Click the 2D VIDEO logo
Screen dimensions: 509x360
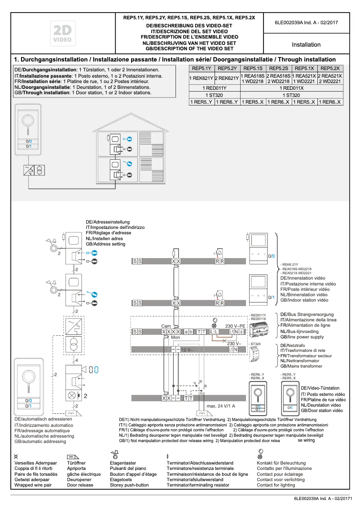[62, 34]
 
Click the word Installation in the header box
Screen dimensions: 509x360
[306, 45]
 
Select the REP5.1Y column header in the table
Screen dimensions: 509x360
[202, 68]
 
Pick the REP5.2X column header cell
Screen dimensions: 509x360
[330, 68]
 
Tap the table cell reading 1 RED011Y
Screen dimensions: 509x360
[215, 88]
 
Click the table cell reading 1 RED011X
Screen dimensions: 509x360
[291, 88]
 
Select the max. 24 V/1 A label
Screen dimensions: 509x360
[221, 406]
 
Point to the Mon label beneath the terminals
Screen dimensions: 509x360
[176, 337]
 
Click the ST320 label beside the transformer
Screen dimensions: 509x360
[256, 344]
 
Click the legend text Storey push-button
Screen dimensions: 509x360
[129, 485]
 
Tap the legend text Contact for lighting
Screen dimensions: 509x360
[276, 485]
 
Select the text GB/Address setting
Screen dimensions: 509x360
[105, 244]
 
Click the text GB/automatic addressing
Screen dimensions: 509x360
[40, 442]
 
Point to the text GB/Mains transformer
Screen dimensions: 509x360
[301, 366]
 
